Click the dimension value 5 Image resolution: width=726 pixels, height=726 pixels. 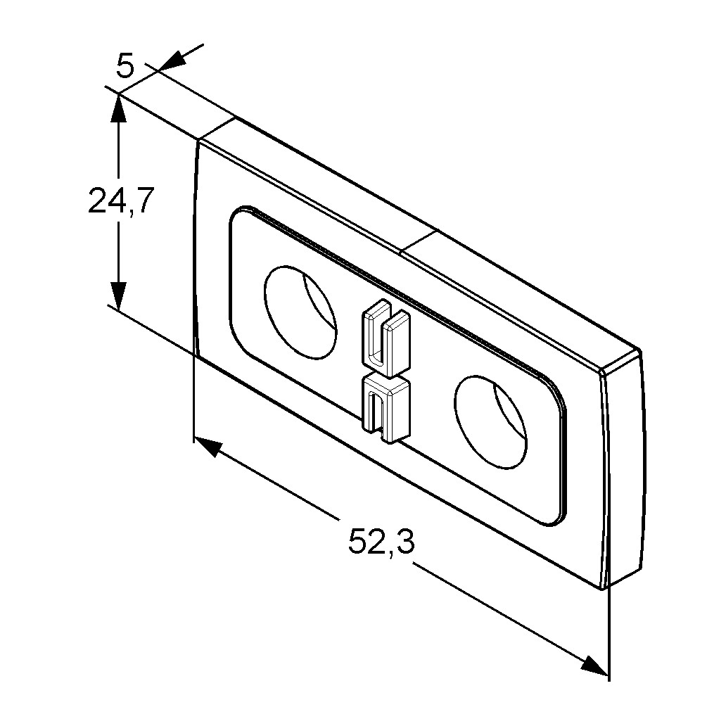click(125, 65)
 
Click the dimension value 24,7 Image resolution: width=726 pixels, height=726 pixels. click(120, 200)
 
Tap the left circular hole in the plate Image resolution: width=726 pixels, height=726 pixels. click(300, 312)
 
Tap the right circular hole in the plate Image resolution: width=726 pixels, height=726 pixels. click(490, 421)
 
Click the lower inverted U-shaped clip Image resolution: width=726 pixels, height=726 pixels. click(386, 408)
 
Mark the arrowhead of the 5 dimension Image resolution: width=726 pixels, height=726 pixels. click(172, 62)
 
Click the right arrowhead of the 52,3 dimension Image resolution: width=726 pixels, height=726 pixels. click(594, 665)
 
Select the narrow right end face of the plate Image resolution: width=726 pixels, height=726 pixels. click(623, 468)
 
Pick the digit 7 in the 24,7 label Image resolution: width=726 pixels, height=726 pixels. click(143, 200)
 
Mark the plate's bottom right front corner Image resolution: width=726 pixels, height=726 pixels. click(602, 589)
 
